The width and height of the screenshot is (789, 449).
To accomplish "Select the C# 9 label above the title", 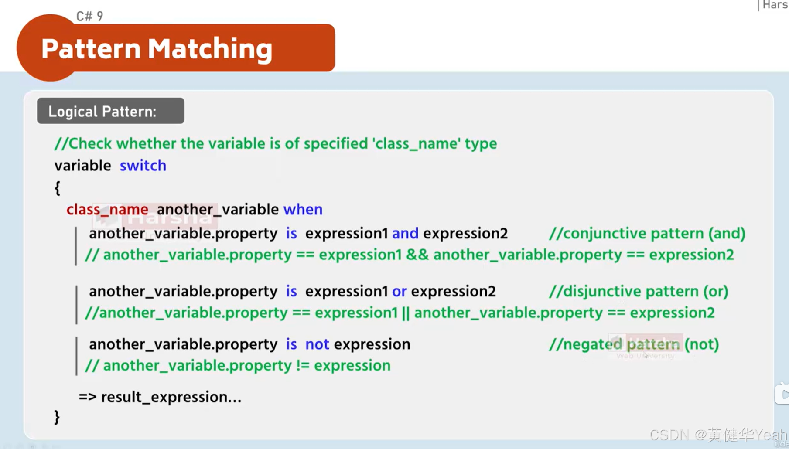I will [90, 17].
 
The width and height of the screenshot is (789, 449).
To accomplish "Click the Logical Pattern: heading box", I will [110, 111].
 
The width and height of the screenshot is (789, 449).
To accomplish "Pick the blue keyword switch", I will [143, 166].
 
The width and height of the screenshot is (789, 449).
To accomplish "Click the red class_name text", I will [107, 210].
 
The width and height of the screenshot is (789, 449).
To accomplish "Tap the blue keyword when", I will [303, 210].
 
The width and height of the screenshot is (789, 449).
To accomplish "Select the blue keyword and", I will [405, 234].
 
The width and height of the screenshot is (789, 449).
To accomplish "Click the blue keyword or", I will [399, 291].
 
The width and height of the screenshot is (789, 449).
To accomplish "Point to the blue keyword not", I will [317, 344].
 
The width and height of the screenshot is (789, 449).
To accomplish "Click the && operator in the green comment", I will [417, 255].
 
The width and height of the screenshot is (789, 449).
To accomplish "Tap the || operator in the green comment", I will [406, 313].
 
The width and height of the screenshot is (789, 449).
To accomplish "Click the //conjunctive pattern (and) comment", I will [647, 234].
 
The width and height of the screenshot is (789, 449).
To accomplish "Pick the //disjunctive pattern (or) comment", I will [639, 291].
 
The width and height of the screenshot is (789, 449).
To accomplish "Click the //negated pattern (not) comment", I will [634, 344].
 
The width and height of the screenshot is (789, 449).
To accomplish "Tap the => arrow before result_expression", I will [87, 397].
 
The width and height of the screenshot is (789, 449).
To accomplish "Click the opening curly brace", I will [57, 188].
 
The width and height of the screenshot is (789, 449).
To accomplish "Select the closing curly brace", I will [57, 417].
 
